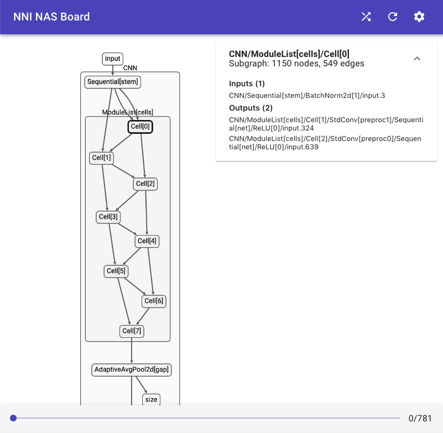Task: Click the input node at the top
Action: [112, 59]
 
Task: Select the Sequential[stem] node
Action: [113, 82]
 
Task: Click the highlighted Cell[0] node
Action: [140, 127]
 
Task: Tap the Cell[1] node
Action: [101, 158]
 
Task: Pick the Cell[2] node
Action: [145, 184]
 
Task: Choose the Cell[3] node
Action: [108, 217]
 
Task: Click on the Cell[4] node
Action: [147, 241]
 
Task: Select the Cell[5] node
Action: [116, 271]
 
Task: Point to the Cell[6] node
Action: [154, 301]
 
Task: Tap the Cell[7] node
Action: [132, 331]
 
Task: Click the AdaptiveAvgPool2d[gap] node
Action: [132, 370]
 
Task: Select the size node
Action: [151, 399]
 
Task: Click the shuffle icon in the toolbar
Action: [366, 17]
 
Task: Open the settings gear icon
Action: [419, 17]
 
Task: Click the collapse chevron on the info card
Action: [417, 59]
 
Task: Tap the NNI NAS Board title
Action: [51, 17]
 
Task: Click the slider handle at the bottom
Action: [13, 418]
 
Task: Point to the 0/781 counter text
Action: [420, 418]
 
